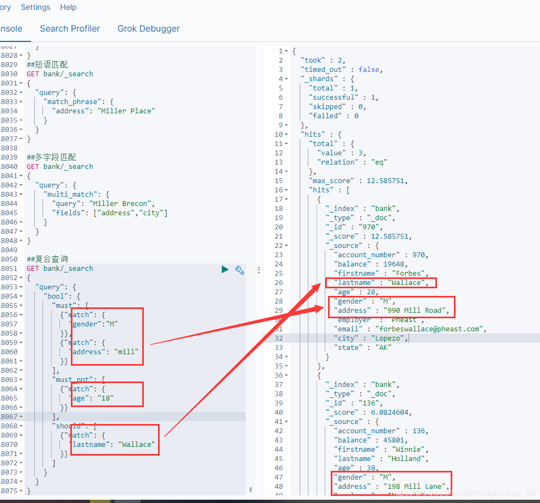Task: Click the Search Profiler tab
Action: click(70, 28)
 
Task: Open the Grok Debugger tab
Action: click(148, 28)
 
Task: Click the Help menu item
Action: click(68, 8)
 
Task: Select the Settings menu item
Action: click(35, 8)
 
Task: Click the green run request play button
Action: click(225, 269)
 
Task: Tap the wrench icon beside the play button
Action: click(239, 269)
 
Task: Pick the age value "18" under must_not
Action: click(106, 398)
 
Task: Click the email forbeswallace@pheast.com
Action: click(429, 329)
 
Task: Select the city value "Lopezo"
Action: click(390, 338)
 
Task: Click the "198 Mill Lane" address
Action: click(416, 486)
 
